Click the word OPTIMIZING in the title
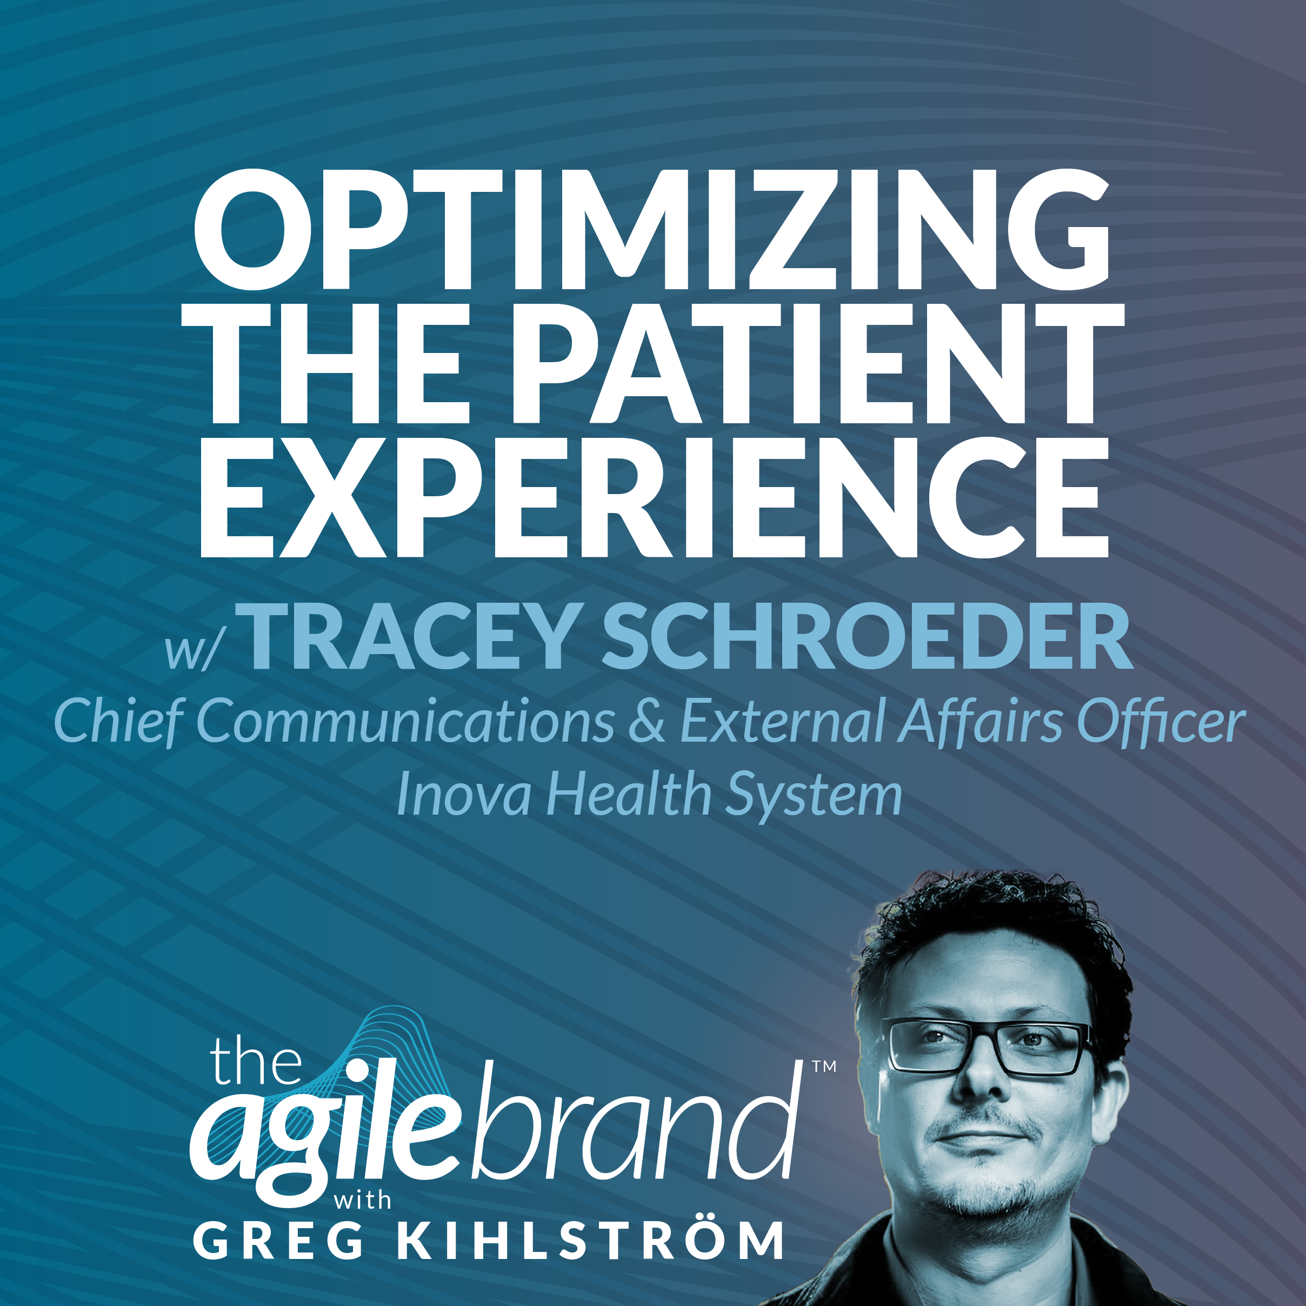tap(651, 230)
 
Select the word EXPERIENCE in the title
tap(653, 497)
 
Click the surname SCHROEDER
tap(867, 637)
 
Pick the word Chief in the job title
tap(116, 721)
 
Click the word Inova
tap(463, 794)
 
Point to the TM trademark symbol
tap(824, 1066)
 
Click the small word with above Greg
tap(362, 1201)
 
